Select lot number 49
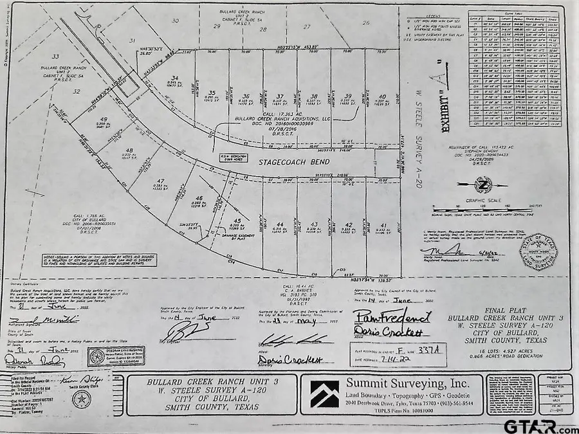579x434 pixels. pyautogui.click(x=102, y=120)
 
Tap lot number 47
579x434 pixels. pyautogui.click(x=160, y=181)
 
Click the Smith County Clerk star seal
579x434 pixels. pyautogui.click(x=80, y=399)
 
